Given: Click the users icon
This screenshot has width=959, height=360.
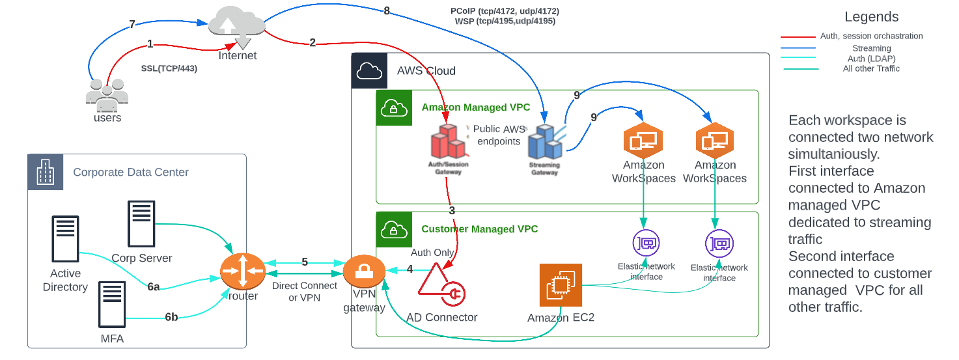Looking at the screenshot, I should (107, 94).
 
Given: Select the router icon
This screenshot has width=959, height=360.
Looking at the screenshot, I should (243, 270).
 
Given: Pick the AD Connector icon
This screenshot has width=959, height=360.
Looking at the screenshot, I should (440, 287).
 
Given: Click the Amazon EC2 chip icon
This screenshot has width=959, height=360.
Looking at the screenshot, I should (561, 284).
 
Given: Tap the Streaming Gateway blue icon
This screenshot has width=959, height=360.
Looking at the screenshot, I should (545, 143).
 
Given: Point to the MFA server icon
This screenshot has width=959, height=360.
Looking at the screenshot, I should (111, 304).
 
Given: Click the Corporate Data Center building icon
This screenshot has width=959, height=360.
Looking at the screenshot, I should (46, 173).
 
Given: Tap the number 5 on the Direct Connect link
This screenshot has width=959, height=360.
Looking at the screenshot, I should (305, 262).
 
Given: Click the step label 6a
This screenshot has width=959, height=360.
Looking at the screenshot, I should (153, 286).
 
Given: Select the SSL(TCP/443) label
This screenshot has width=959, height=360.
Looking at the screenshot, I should (169, 68).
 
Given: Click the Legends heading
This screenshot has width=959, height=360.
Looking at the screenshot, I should (871, 18).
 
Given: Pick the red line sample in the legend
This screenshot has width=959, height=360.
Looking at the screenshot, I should (798, 37).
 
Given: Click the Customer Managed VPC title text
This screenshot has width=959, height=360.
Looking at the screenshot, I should (480, 229).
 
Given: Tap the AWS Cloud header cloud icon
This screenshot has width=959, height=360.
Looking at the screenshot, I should (369, 70).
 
